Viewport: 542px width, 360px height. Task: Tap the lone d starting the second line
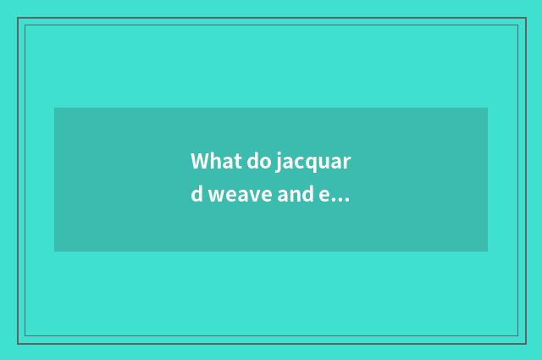pos(196,195)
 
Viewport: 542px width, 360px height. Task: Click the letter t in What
pos(237,162)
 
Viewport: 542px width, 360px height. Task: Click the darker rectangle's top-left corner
pos(54,108)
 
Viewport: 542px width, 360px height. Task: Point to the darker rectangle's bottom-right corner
pos(488,252)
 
